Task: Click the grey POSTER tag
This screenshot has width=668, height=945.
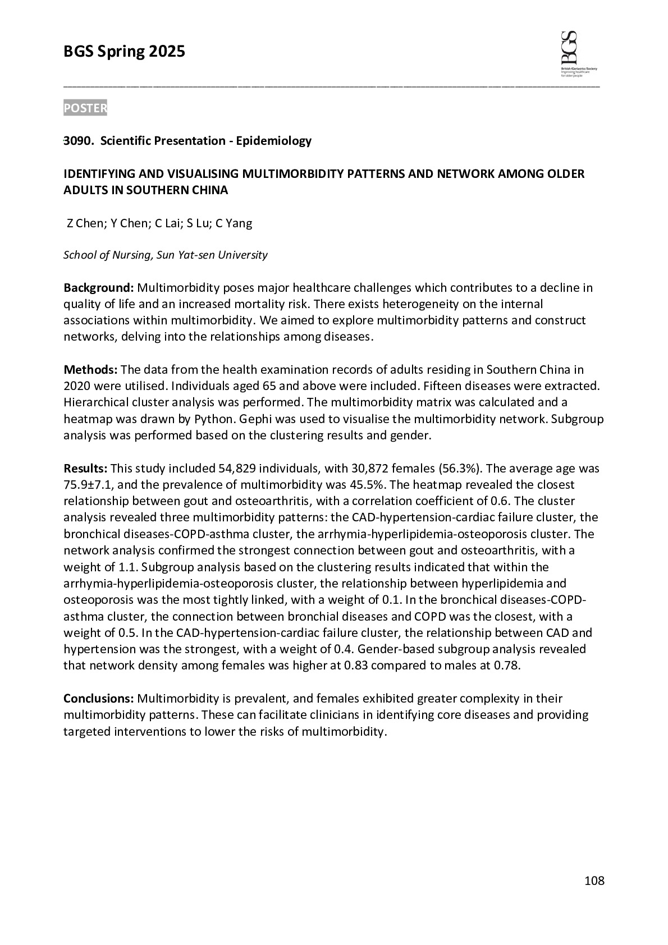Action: click(x=85, y=108)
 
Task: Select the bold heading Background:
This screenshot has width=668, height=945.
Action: click(x=98, y=288)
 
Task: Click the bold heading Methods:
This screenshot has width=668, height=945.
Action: click(x=90, y=370)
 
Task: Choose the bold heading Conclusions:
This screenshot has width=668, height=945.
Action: click(x=98, y=699)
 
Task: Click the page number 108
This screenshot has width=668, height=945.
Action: click(x=594, y=881)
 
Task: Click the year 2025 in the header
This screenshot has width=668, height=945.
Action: click(x=167, y=52)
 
